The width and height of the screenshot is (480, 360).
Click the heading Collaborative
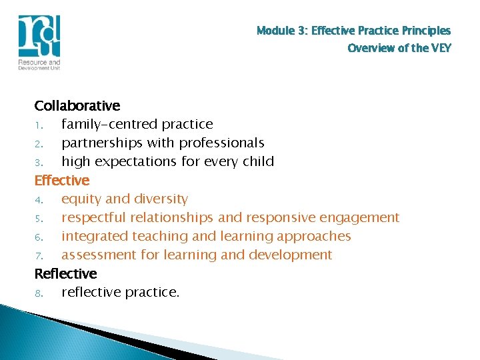pos(77,105)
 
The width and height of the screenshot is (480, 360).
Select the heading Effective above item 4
pos(62,180)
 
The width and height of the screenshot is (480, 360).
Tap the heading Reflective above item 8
pos(65,273)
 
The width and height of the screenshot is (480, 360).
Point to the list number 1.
pos(39,125)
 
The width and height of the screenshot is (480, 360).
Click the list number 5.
pos(39,218)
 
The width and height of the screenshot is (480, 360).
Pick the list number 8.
pos(39,293)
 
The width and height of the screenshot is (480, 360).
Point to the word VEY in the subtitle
pos(440,48)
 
